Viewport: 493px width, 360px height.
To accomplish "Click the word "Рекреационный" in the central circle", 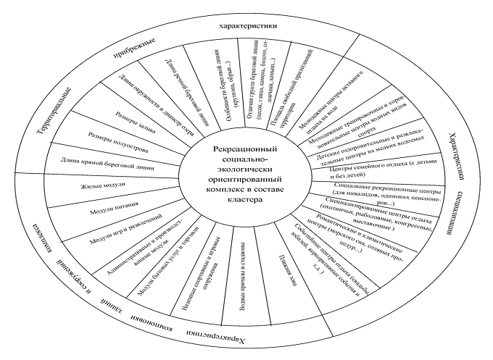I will click(x=239, y=149).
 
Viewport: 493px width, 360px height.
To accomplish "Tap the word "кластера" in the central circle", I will click(x=239, y=204).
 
